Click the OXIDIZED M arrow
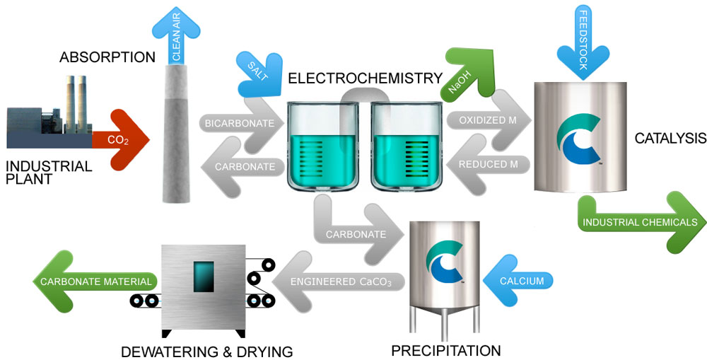point(488,120)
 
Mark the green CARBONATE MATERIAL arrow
point(92,281)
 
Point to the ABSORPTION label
point(107,57)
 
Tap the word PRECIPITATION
point(445,350)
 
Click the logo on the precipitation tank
point(445,263)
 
